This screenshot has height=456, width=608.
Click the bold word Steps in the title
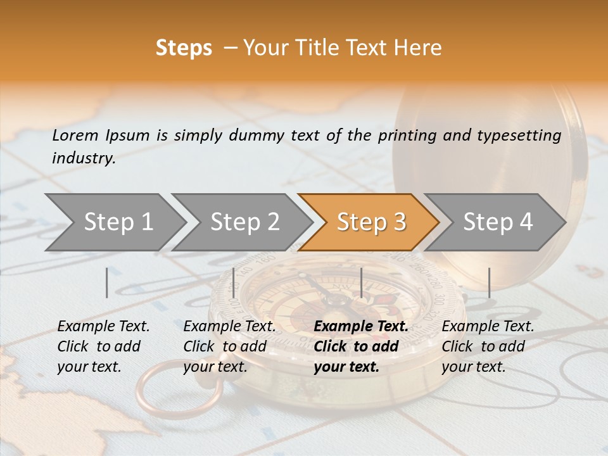[x=184, y=48]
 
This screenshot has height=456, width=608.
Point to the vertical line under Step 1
[x=107, y=282]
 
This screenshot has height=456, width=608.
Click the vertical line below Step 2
[x=234, y=282]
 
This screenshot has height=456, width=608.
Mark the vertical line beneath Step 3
[x=362, y=282]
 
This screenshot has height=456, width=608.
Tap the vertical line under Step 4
[x=490, y=282]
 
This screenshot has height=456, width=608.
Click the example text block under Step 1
[x=103, y=346]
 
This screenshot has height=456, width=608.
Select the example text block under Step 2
[x=229, y=346]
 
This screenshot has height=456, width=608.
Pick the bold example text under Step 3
[x=360, y=346]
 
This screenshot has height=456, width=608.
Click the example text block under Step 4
[x=488, y=346]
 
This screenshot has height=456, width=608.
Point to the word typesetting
[x=522, y=136]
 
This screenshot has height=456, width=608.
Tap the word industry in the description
[x=83, y=158]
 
